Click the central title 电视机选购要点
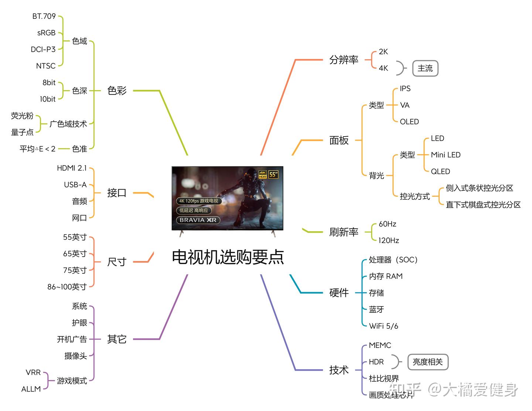228,257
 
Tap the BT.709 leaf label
44,16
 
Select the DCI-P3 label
43,49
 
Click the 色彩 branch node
117,90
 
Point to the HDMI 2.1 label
72,168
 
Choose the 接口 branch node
117,193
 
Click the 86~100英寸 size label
67,287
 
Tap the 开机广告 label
72,339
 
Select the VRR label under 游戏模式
33,372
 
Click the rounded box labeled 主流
425,68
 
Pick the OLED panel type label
409,121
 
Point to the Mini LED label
446,155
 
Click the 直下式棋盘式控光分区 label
483,205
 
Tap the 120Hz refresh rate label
389,240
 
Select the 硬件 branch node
339,293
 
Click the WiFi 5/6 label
383,326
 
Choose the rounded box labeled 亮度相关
427,362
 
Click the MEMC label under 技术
380,345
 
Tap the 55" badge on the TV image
273,174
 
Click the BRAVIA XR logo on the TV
198,220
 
